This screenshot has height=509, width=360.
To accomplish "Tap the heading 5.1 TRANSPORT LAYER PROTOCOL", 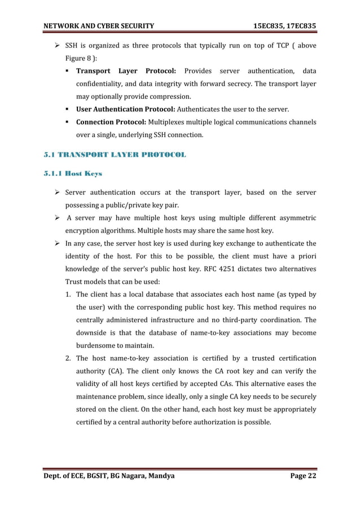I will [115, 155].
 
